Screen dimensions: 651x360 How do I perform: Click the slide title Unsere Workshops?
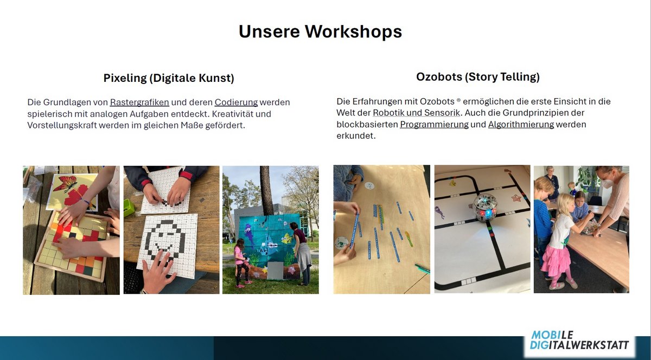tap(320, 31)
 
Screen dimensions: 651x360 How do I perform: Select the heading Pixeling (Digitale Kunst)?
tap(169, 78)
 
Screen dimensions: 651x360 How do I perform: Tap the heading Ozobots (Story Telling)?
tap(478, 77)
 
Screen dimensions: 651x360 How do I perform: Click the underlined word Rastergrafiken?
tap(139, 102)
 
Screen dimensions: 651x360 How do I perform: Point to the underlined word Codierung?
tap(237, 102)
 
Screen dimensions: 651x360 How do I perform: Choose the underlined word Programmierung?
tap(434, 125)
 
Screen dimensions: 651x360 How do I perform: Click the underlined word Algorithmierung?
tap(521, 125)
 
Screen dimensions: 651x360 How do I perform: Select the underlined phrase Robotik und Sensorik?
tap(417, 113)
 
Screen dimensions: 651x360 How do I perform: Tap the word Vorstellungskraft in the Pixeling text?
tap(62, 126)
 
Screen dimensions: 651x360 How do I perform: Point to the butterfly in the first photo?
tap(66, 184)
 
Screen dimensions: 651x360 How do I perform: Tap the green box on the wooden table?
tap(129, 208)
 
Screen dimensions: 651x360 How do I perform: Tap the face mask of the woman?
tap(608, 183)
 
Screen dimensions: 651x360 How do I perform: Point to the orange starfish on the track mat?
tap(516, 198)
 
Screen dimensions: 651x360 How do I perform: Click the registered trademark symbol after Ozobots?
tap(458, 100)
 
